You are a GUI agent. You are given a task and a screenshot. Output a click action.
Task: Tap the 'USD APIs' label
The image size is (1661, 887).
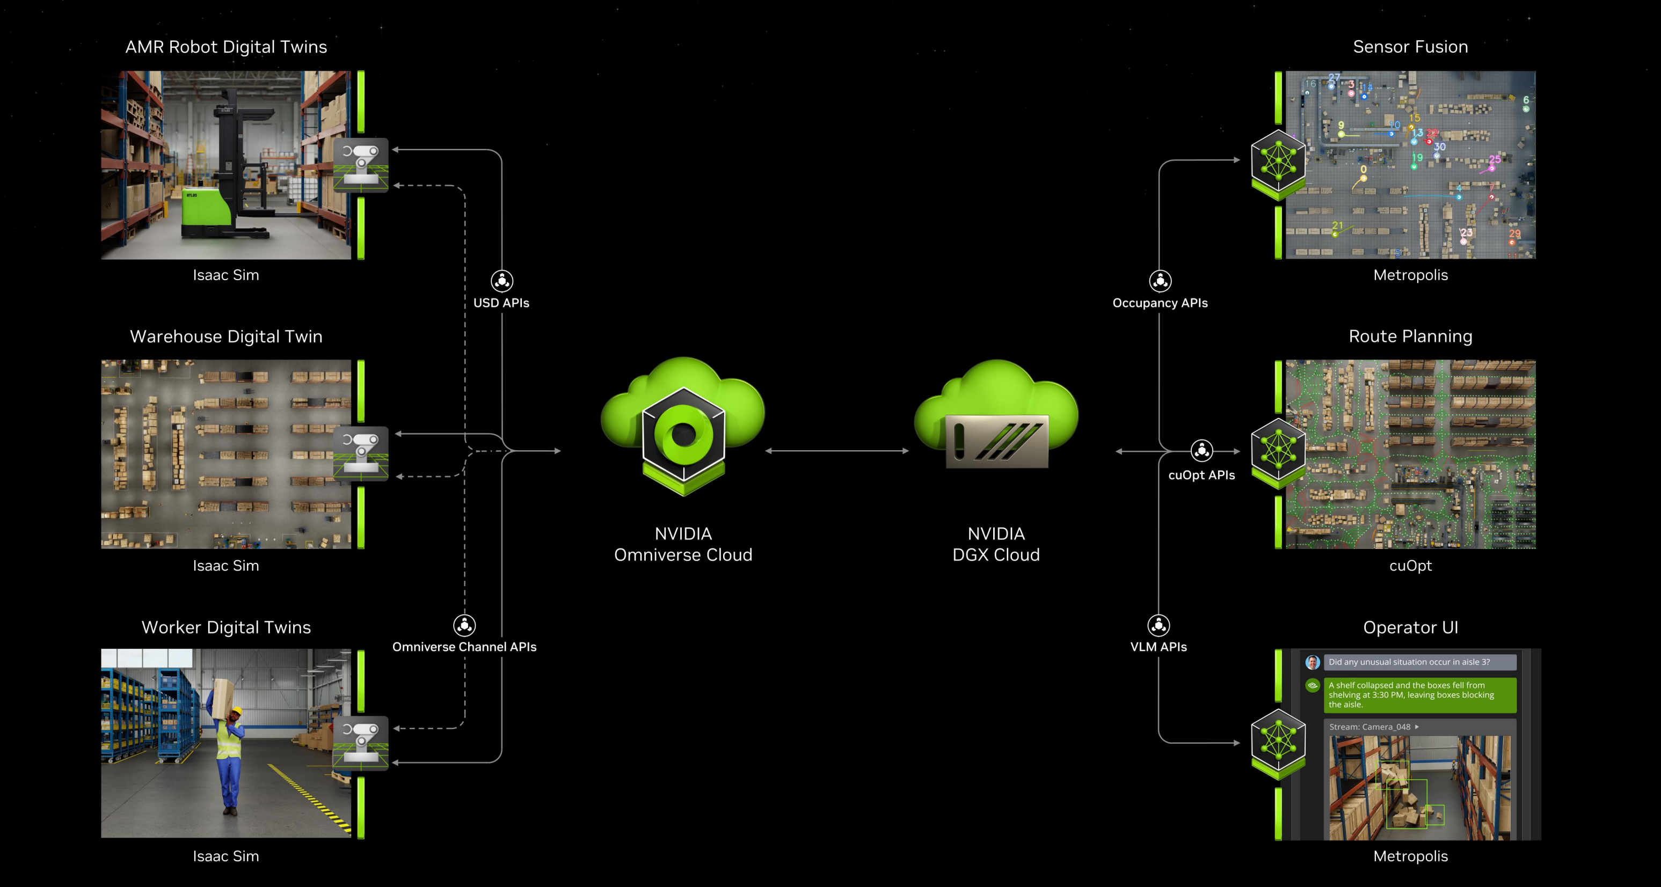(x=501, y=303)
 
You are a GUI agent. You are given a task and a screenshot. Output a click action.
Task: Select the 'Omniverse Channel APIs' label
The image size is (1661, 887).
(x=464, y=647)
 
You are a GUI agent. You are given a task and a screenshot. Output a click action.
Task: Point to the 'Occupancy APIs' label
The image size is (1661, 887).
(x=1160, y=303)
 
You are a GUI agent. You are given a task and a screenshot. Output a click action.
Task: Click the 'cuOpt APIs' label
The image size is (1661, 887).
(x=1201, y=475)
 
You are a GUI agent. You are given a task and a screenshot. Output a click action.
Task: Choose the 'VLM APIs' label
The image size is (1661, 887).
(x=1158, y=647)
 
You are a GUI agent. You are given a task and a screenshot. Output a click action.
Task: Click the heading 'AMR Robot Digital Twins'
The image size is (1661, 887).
(x=225, y=47)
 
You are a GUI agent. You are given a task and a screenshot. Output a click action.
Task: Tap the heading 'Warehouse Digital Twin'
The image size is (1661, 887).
(x=225, y=336)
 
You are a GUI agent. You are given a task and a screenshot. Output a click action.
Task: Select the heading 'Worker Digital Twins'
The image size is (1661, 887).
(x=225, y=627)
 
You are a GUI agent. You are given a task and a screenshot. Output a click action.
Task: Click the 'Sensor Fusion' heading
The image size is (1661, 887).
(x=1410, y=47)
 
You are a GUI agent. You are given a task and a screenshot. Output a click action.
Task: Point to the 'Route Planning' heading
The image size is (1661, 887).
(x=1410, y=336)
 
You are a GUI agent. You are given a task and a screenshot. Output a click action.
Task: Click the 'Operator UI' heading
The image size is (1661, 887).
(x=1410, y=627)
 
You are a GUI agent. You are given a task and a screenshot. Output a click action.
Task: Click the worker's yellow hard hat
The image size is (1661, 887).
(x=237, y=710)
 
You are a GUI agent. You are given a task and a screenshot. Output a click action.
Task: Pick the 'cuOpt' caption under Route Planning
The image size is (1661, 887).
(x=1410, y=566)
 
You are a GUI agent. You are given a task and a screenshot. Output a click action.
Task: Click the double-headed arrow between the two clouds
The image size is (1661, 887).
(x=837, y=451)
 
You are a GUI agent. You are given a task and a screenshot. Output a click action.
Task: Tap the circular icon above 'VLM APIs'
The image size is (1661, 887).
(x=1159, y=625)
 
